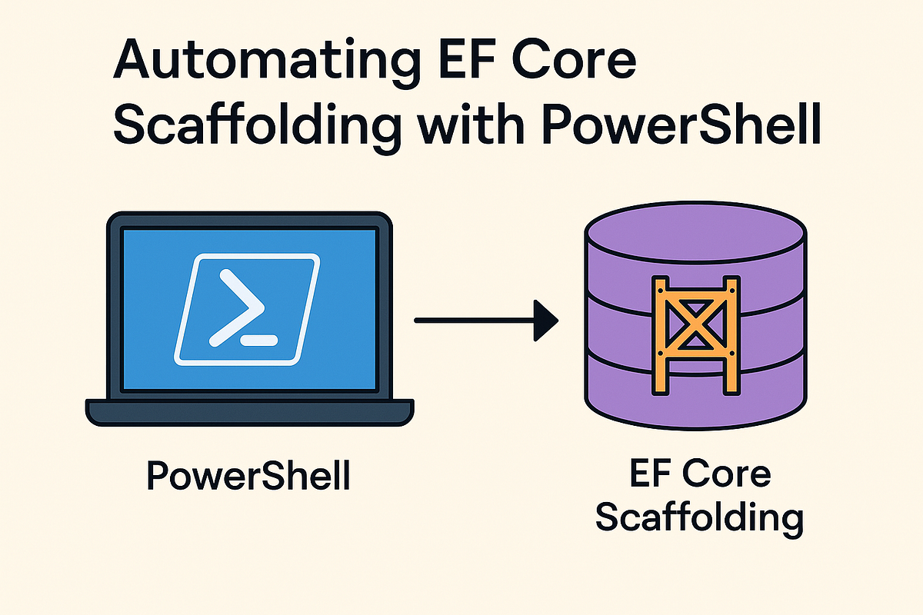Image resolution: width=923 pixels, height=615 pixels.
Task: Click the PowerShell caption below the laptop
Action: (x=248, y=477)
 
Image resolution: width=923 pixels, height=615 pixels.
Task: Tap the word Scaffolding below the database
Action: (x=699, y=517)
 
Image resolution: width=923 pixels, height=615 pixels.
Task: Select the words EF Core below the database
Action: (x=699, y=474)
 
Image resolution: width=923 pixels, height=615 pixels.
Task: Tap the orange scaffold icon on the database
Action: (x=696, y=334)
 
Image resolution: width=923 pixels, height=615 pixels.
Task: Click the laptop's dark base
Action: (x=249, y=411)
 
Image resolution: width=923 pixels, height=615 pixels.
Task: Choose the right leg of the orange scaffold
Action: (x=731, y=338)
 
